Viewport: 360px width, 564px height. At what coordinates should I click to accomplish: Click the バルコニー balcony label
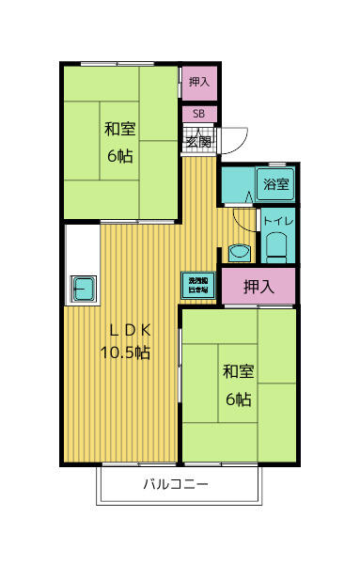(176, 486)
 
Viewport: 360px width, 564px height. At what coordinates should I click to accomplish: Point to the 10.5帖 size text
(125, 352)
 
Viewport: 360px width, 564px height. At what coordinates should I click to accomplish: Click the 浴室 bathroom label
(275, 184)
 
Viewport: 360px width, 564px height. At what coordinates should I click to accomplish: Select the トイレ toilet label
(278, 222)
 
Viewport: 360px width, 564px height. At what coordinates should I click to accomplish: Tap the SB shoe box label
(198, 114)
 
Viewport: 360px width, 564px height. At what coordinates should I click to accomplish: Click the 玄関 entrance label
(197, 141)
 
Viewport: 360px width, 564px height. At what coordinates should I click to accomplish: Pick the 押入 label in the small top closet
(198, 83)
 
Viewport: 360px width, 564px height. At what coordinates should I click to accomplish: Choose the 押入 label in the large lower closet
(258, 286)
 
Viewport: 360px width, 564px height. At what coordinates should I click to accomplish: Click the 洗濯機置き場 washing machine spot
(198, 285)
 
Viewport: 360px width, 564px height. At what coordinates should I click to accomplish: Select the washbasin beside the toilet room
(238, 253)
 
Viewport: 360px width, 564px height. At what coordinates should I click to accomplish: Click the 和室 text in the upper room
(119, 129)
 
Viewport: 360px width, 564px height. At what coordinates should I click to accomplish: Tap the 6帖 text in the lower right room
(238, 399)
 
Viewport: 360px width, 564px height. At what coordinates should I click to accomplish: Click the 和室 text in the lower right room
(238, 372)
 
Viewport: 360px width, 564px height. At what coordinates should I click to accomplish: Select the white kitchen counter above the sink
(80, 249)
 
